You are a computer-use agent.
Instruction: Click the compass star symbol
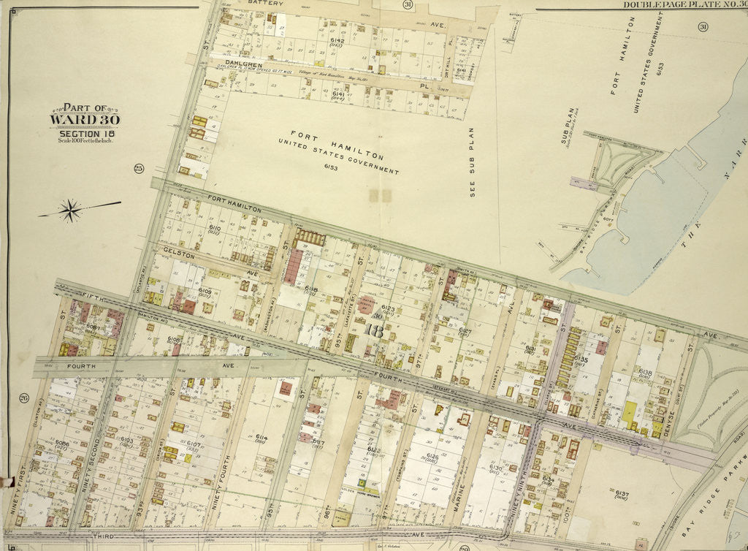coord(71,211)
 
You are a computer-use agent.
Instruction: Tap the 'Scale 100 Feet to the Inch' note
coord(85,140)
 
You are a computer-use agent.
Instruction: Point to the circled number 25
coord(138,170)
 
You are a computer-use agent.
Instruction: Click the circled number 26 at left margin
coord(23,398)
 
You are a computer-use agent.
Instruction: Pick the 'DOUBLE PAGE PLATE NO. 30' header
coord(683,5)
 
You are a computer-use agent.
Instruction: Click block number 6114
coord(261,438)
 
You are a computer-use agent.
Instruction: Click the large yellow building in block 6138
coord(629,414)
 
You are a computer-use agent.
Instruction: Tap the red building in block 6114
coord(286,389)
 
